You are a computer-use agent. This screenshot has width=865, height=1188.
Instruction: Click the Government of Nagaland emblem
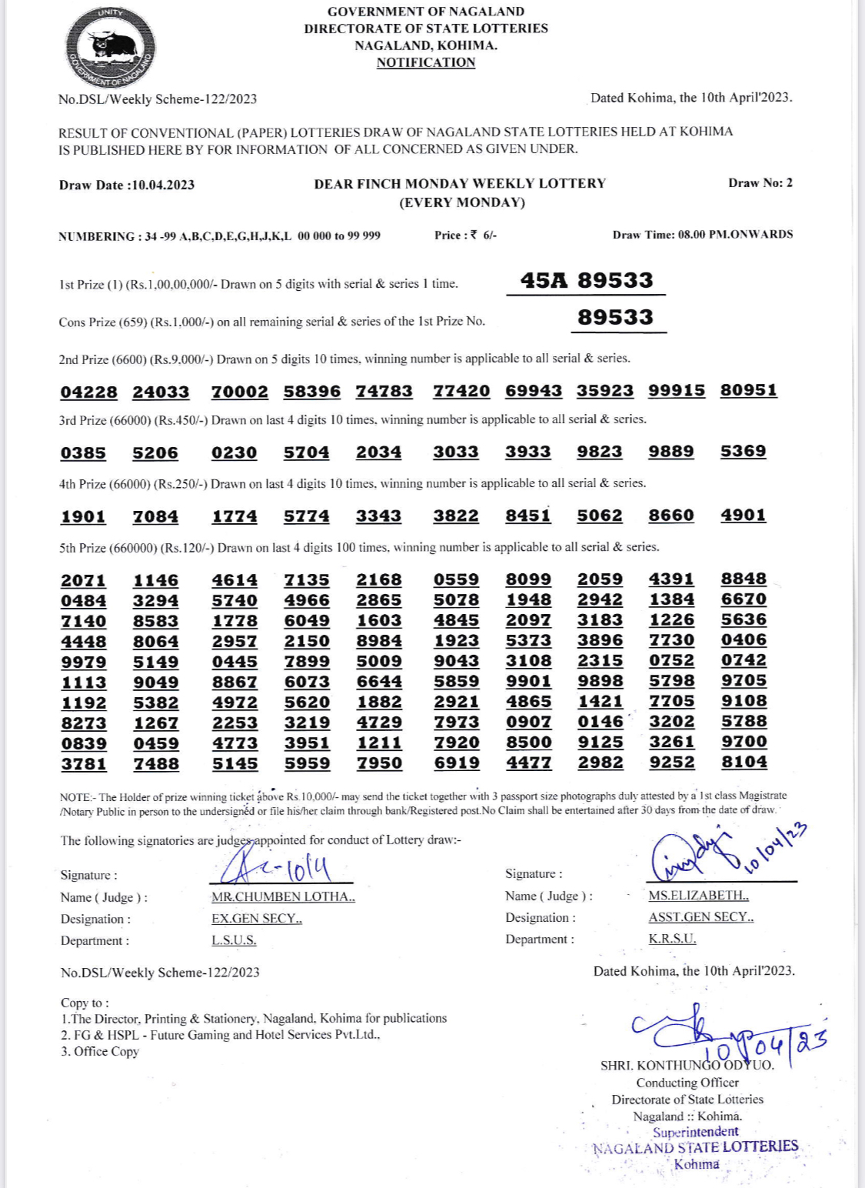pos(111,48)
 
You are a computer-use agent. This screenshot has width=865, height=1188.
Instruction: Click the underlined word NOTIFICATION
pos(425,62)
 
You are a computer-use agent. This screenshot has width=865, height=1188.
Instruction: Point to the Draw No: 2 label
pos(760,183)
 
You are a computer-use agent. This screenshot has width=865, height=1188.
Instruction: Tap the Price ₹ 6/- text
pos(465,235)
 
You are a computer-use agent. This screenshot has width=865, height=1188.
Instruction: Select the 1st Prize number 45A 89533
pos(586,281)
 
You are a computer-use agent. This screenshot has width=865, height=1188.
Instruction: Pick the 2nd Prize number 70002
pos(240,392)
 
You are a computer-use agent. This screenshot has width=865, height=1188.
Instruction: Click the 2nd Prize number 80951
pos(748,390)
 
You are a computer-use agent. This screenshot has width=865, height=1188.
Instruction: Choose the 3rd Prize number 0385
pos(83,453)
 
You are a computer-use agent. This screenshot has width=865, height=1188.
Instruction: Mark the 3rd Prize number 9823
pos(600,452)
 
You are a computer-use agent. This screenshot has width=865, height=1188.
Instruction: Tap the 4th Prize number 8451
pos(528,516)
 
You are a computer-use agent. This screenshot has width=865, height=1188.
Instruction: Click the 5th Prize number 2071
pos(83,580)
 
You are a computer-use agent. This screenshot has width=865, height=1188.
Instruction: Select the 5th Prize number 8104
pos(744,762)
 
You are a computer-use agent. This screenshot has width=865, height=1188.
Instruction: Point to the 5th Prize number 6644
pos(379,682)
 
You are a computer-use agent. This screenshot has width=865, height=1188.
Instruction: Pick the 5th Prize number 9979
pos(83,662)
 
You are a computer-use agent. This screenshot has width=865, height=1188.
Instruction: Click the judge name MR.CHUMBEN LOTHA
pos(283,897)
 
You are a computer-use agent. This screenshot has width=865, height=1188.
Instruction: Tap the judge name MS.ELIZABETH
pos(698,896)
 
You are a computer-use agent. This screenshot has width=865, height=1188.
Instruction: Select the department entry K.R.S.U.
pos(672,939)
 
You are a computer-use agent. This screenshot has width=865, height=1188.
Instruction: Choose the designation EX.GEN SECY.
pos(257,919)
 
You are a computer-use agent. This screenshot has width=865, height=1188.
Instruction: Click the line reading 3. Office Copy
pos(100,1052)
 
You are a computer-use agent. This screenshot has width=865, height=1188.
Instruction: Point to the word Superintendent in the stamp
pos(695,1132)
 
